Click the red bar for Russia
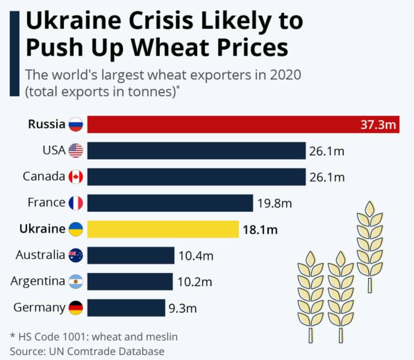[x=221, y=125]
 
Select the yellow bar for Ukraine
[x=163, y=229]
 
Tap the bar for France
[x=170, y=203]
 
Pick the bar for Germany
[x=126, y=308]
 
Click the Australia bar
[x=130, y=255]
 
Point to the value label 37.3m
[x=378, y=125]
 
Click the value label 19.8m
[x=274, y=203]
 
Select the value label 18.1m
[x=260, y=229]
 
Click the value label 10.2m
[x=195, y=282]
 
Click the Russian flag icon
[x=76, y=125]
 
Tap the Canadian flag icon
[x=76, y=177]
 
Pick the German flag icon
[x=76, y=308]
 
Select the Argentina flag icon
[x=76, y=282]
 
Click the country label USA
[x=53, y=150]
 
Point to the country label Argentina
[x=37, y=281]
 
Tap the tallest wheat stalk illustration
[x=369, y=243]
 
